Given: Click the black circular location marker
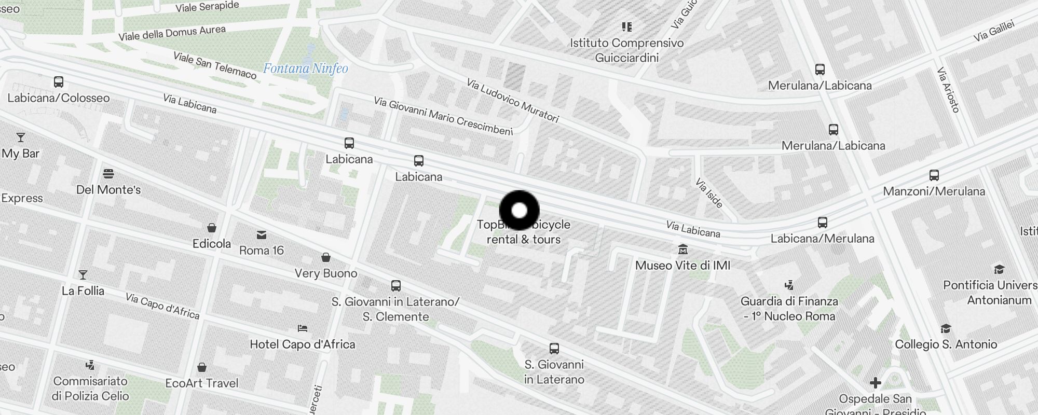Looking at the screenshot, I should pos(519,211).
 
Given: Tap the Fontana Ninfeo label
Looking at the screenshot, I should pos(305,68).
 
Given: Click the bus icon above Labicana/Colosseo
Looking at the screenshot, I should pos(59,82).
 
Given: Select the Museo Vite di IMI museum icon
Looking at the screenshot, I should pos(683,250).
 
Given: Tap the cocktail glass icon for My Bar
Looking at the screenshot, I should pos(21,137).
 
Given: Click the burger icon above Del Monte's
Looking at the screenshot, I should pos(108,173).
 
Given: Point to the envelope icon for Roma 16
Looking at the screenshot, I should pos(262,235).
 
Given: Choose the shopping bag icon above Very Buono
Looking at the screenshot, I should pos(326,257).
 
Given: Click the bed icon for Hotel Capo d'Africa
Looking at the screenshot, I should pos(303,328).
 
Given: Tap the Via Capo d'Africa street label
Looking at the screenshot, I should pos(162,306).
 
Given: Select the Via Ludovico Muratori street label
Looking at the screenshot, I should pos(512,101).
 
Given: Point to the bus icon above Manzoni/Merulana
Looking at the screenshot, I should pos(934,175).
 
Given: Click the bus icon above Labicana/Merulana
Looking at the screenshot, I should pos(823,223).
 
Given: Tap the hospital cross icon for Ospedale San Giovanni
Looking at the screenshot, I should pos(876,383).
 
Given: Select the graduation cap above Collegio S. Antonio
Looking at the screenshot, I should pos(946,328).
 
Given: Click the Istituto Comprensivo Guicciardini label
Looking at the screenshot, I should pos(627,50).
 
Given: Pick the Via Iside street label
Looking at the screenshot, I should pos(709,193).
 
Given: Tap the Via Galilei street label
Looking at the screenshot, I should pos(994,31).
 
